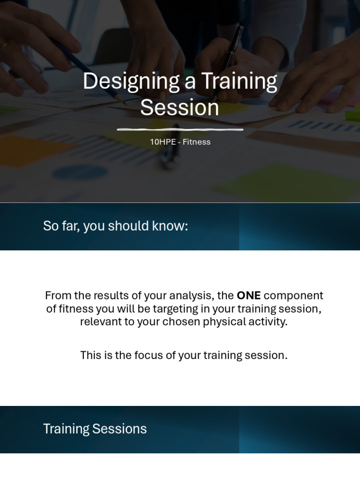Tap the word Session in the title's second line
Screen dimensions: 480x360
(x=180, y=107)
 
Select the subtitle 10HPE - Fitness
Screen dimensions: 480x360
(x=180, y=142)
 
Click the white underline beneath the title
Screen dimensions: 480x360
(x=180, y=129)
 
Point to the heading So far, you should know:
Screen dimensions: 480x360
(x=115, y=226)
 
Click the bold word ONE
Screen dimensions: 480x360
(x=248, y=296)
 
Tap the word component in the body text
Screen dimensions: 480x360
(x=293, y=296)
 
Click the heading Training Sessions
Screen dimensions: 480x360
(x=95, y=429)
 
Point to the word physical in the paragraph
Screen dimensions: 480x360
(x=223, y=322)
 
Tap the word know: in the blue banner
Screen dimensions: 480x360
(x=172, y=226)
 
